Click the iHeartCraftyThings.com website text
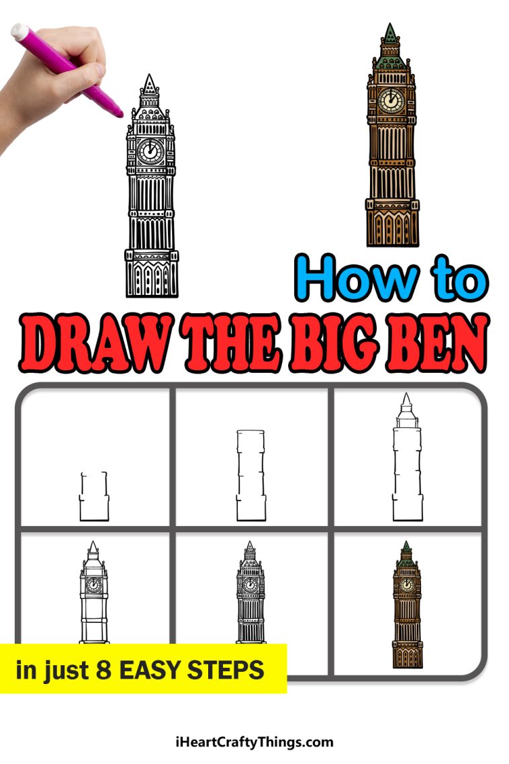253,742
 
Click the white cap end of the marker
18,30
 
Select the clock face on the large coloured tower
389,100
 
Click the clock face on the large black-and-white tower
150,151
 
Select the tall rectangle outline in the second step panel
250,475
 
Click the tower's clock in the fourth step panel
94,584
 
